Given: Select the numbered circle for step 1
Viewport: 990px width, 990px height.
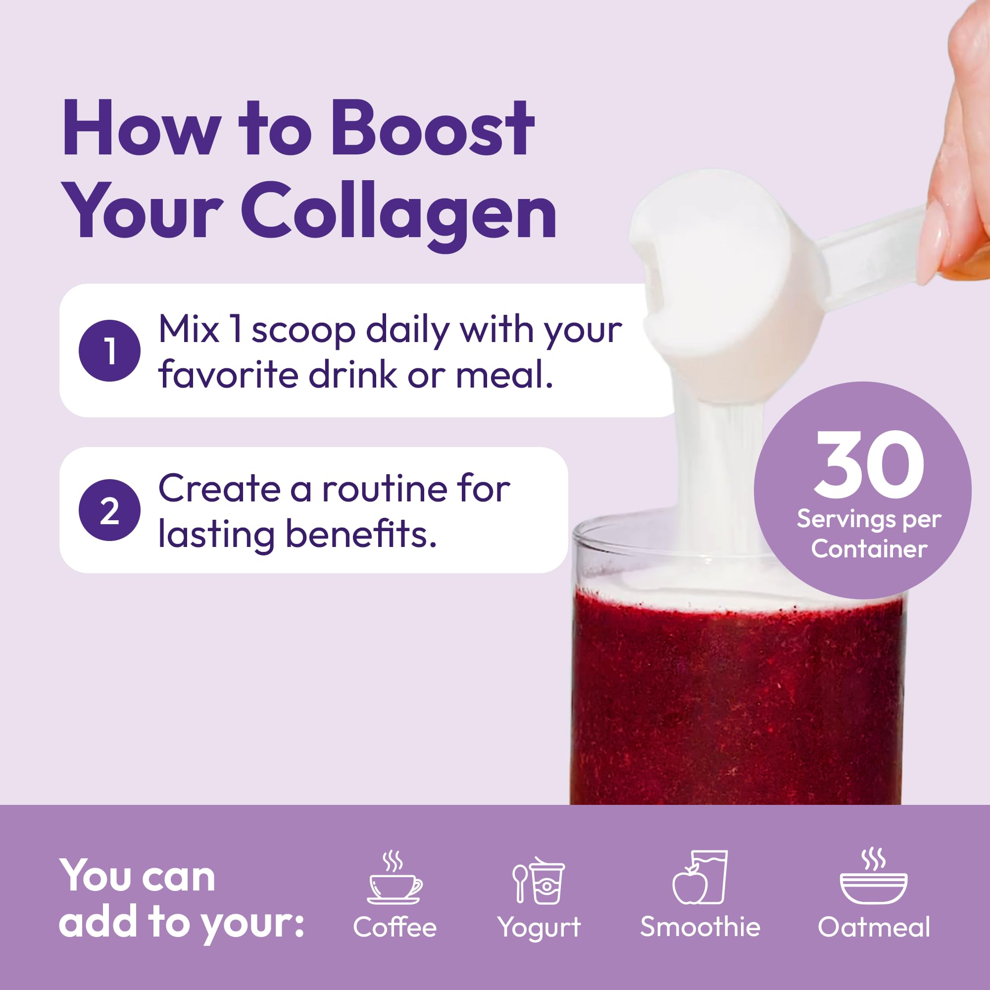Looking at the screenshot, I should pos(109,350).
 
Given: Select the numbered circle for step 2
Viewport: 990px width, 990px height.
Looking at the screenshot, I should pos(109,510).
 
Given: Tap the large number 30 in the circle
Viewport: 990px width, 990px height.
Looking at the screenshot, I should pos(869,463).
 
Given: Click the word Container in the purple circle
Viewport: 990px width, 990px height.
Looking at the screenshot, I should pos(869,549).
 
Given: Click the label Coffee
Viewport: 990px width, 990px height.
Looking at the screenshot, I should pos(395,927).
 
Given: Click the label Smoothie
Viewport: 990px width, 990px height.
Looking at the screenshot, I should pos(700,927).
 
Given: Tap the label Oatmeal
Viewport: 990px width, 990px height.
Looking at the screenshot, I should pos(874,927).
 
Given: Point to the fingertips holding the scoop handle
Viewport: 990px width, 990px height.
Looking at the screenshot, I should pos(953,246).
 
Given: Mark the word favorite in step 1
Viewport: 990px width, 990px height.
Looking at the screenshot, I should pos(228,375).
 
